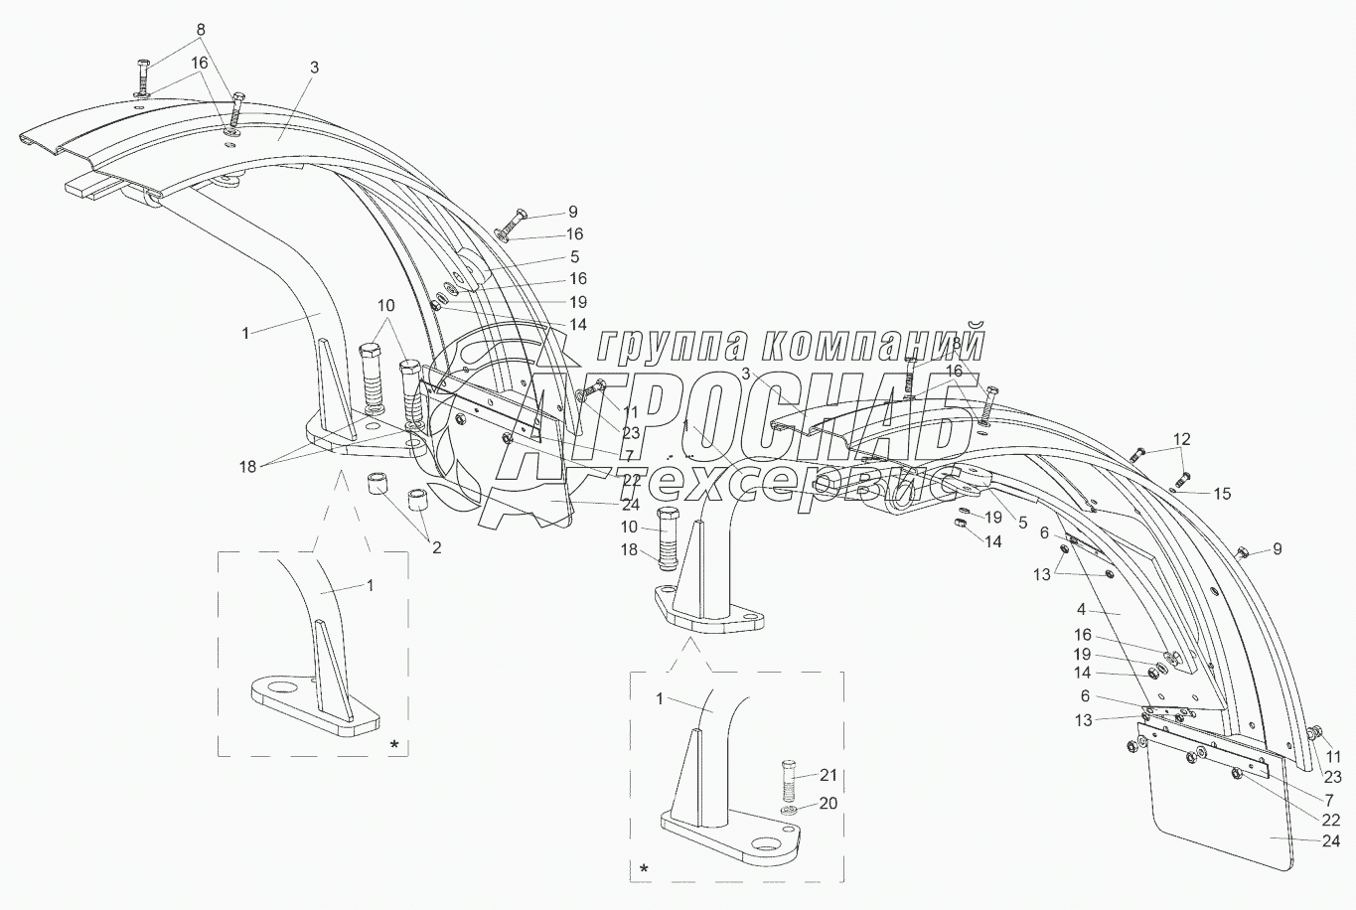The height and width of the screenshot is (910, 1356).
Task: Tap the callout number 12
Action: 1181,438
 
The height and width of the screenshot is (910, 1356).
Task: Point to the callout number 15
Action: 1222,493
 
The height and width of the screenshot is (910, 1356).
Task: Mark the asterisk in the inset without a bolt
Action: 395,743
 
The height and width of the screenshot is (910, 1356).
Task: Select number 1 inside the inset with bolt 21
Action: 660,699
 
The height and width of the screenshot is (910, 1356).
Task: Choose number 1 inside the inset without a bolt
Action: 370,585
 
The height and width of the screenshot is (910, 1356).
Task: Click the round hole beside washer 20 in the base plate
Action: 766,844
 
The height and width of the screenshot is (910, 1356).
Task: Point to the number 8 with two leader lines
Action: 201,30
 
